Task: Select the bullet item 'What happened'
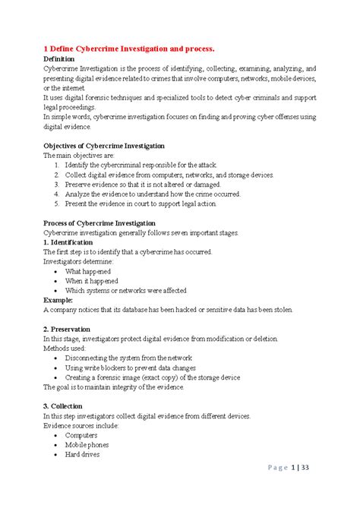click(88, 272)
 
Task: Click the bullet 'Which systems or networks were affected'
click(125, 291)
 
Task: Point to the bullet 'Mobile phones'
click(87, 445)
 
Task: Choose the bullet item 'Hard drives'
click(83, 455)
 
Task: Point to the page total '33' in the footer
click(305, 489)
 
